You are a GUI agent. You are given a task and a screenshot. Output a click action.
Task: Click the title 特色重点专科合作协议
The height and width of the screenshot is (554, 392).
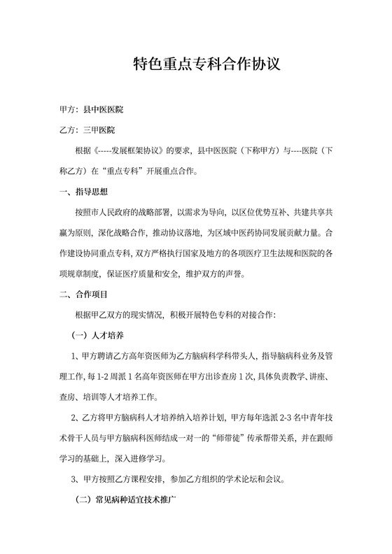206,66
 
